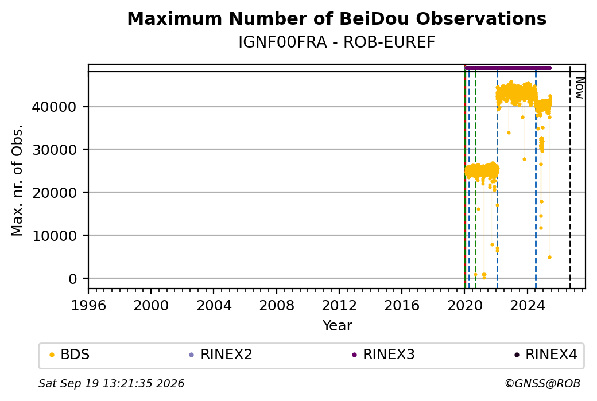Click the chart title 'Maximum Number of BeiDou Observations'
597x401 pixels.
pyautogui.click(x=336, y=19)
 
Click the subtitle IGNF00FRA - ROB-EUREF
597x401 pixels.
pyautogui.click(x=336, y=42)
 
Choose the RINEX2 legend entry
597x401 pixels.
pyautogui.click(x=221, y=355)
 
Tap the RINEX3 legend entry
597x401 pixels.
pyautogui.click(x=383, y=355)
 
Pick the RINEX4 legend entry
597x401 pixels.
pyautogui.click(x=545, y=355)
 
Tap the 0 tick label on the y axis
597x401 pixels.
pyautogui.click(x=72, y=279)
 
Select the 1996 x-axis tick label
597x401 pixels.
pyautogui.click(x=88, y=306)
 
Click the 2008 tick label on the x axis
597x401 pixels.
pyautogui.click(x=277, y=306)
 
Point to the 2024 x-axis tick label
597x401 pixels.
pyautogui.click(x=528, y=306)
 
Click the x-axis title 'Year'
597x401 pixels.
pyautogui.click(x=337, y=326)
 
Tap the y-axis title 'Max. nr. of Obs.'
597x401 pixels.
pyautogui.click(x=17, y=180)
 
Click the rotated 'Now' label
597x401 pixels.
pyautogui.click(x=579, y=88)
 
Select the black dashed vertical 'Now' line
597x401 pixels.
pyautogui.click(x=570, y=177)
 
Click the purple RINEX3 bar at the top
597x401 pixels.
pyautogui.click(x=508, y=68)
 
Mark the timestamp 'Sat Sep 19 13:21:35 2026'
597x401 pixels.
pyautogui.click(x=111, y=383)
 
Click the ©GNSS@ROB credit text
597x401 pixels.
pyautogui.click(x=542, y=383)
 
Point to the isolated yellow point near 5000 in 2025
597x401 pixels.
pyautogui.click(x=549, y=258)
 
